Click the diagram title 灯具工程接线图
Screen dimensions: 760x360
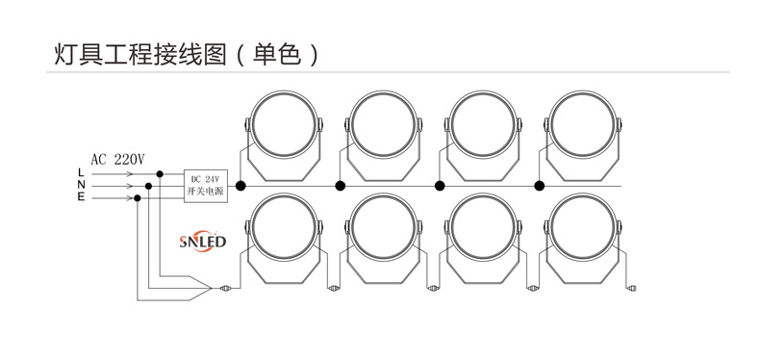coord(134,54)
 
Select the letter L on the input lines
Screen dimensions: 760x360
coord(81,172)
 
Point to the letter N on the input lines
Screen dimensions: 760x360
coord(81,185)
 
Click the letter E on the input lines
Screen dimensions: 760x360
coord(81,197)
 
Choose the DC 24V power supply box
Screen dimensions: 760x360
coord(205,186)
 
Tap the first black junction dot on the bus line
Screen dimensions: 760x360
coord(241,186)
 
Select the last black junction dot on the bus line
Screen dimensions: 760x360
coord(540,186)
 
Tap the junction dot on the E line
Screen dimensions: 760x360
coord(138,197)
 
